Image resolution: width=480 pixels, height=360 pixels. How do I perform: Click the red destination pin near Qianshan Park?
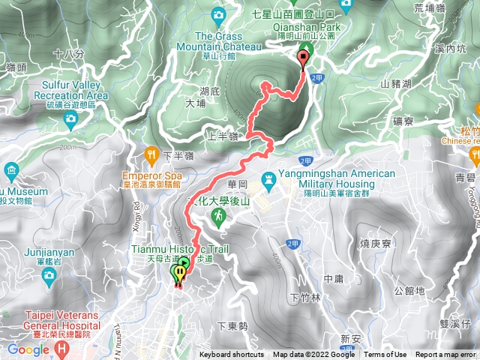tap(304, 57)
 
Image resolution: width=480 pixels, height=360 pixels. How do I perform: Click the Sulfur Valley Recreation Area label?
tap(70, 91)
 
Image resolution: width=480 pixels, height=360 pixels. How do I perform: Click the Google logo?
tap(28, 349)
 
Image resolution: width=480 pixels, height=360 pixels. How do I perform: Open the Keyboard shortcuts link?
tap(232, 355)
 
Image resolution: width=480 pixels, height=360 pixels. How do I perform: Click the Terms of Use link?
tap(385, 355)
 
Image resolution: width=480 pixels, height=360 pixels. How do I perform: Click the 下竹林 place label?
tap(304, 298)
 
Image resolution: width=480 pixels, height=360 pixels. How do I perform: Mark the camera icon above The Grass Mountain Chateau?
tap(219, 14)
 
